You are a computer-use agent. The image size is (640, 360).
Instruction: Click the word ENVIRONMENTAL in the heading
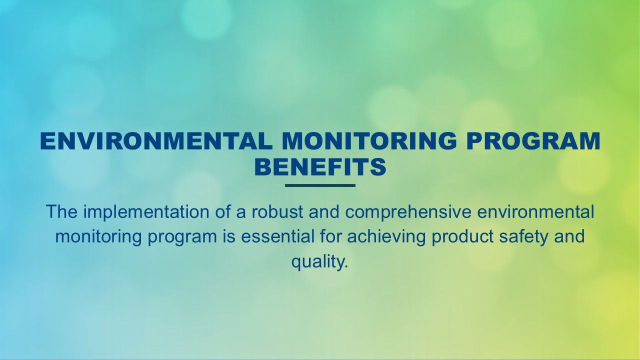pos(156,141)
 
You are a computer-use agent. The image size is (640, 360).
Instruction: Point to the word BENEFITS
pos(320,168)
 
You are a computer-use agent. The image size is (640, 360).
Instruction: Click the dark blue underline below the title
pos(320,185)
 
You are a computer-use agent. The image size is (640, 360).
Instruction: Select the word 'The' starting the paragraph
pos(61,212)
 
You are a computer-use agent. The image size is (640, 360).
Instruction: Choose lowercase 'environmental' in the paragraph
pos(536,212)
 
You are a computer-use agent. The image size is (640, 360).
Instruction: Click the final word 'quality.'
pos(319,262)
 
